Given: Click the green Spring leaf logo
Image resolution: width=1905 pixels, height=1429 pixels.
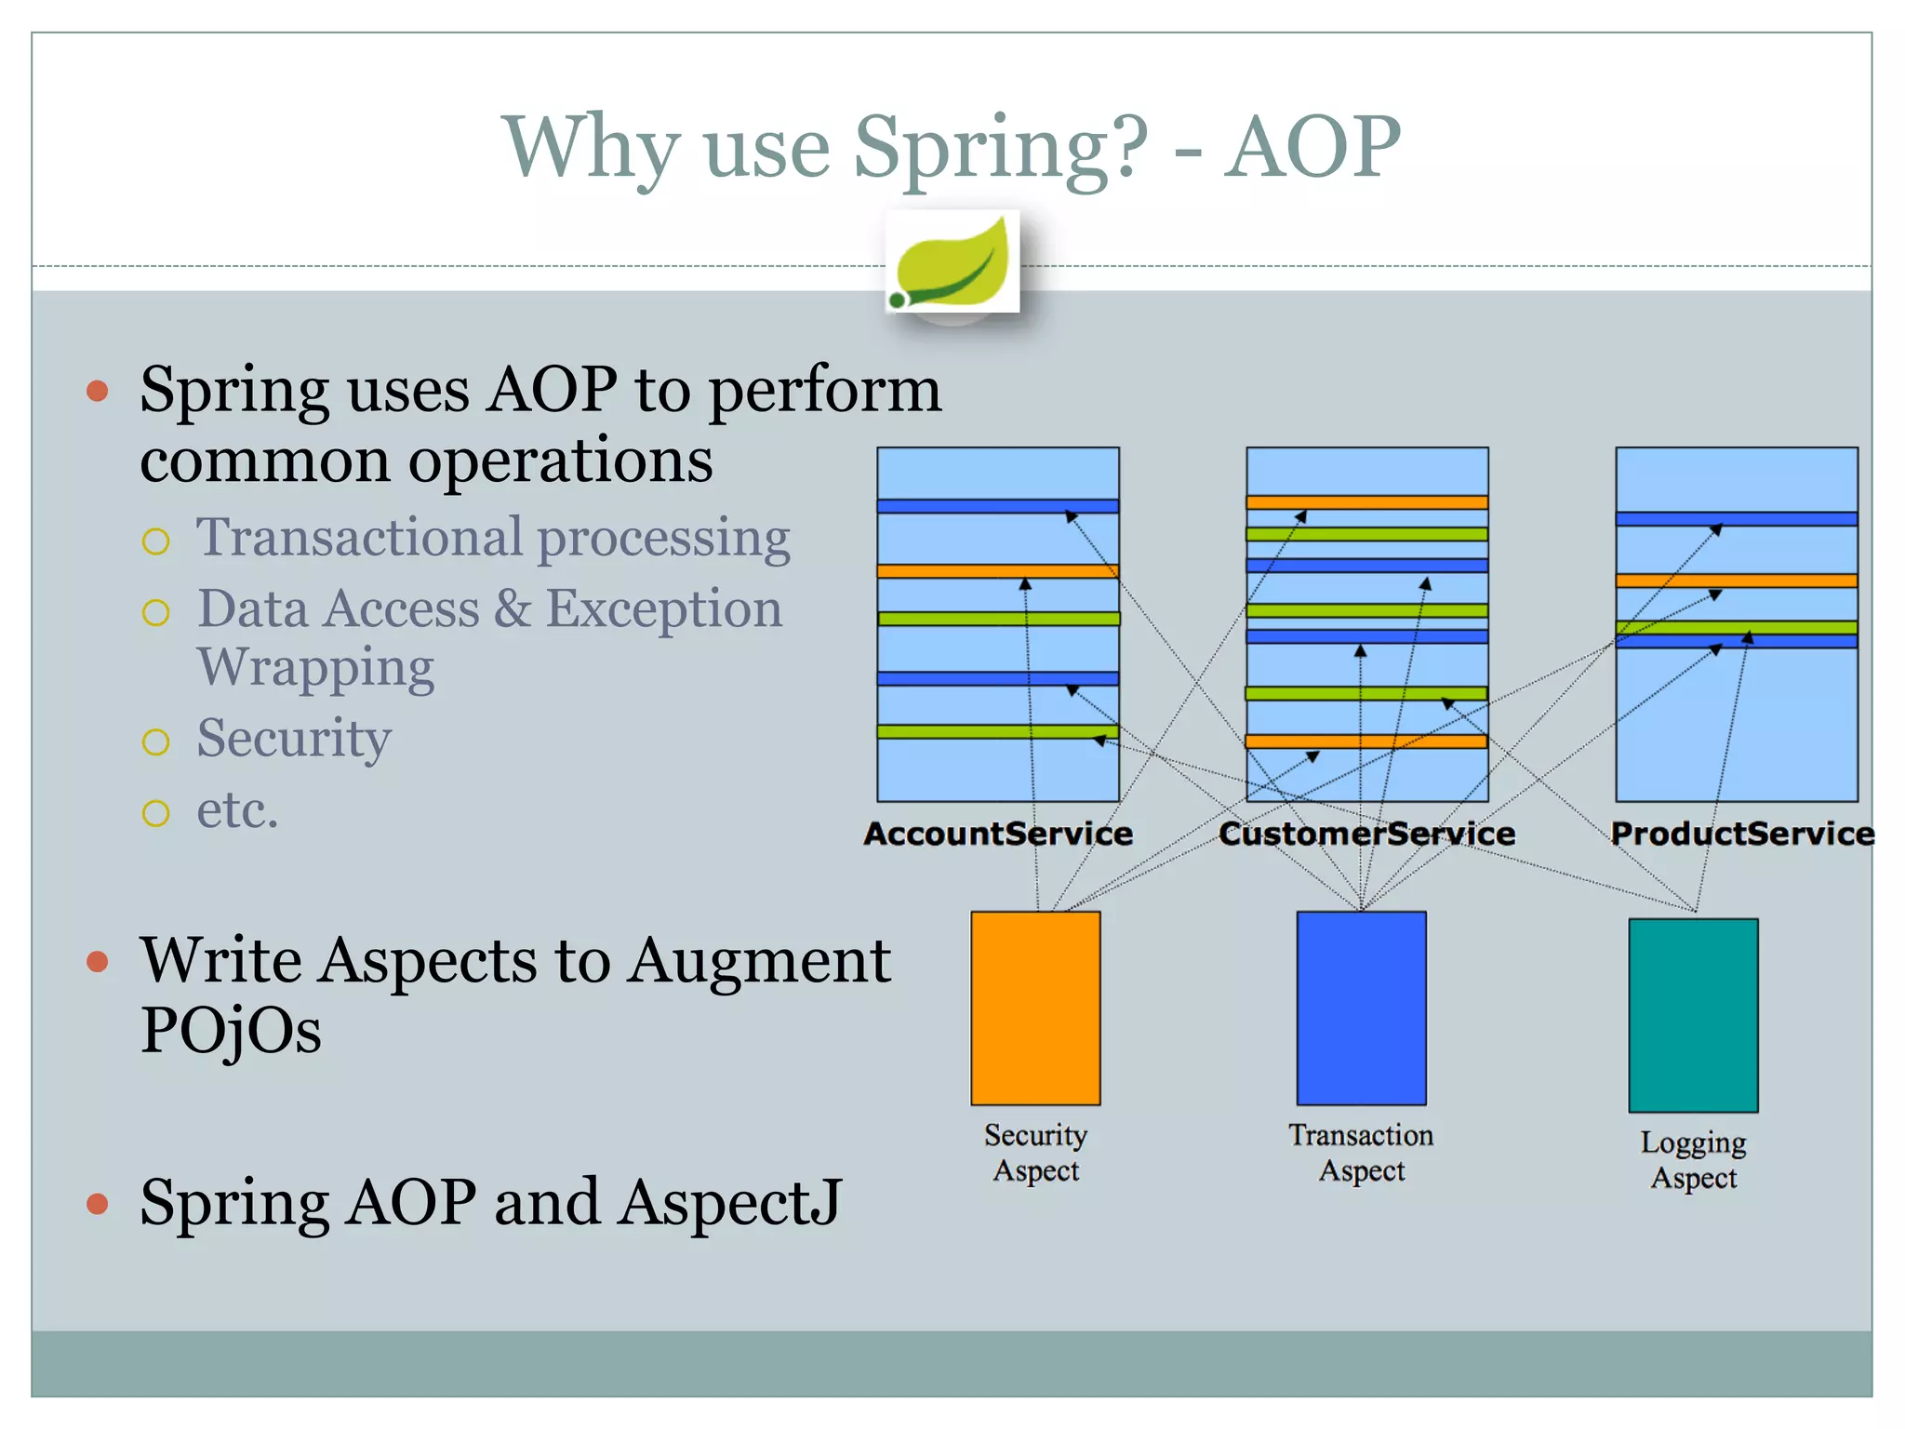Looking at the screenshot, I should click(952, 262).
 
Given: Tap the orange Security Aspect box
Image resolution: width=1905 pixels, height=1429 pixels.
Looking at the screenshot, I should click(1035, 1008).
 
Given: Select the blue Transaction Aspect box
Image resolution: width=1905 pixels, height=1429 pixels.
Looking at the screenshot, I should click(1361, 1008).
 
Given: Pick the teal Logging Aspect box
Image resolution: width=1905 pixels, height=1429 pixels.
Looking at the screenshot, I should click(1693, 1015).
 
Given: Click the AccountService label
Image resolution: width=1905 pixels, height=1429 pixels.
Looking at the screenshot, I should click(998, 834).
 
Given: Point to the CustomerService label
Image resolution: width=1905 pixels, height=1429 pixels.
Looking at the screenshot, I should click(1366, 834).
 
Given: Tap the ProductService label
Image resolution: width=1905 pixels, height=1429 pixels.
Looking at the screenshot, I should click(1741, 834).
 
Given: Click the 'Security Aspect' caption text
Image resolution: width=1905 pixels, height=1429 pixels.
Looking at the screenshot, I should click(1035, 1153).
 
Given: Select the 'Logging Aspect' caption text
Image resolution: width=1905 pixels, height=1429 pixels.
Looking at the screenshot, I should click(1693, 1160).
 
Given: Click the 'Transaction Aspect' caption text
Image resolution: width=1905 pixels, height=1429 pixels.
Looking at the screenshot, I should click(1361, 1153).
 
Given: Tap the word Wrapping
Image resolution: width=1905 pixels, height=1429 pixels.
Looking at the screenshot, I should click(316, 667).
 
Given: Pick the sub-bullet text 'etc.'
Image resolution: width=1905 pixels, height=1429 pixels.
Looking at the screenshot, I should click(237, 809).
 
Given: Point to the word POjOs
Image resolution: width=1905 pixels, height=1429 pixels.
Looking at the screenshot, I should click(231, 1031).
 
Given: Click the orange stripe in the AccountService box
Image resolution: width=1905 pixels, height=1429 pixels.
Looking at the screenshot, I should click(997, 571).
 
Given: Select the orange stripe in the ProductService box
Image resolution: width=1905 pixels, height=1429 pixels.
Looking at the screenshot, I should click(1736, 581).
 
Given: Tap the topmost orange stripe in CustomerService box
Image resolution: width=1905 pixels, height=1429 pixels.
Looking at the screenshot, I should click(1366, 502).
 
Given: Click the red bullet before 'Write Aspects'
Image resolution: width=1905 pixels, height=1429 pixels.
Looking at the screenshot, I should click(97, 961).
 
